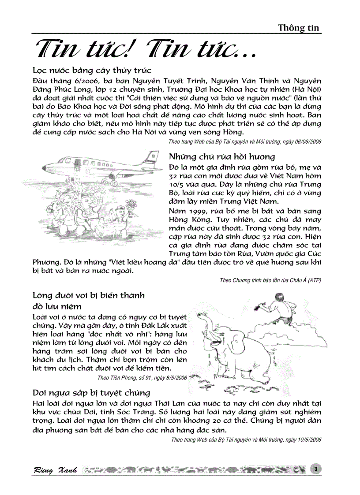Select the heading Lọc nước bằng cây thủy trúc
tap(92, 71)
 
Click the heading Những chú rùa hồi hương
tap(222, 156)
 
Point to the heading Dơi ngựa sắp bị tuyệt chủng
tap(91, 393)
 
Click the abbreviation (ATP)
tap(315, 280)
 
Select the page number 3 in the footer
tap(316, 469)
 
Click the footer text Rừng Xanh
tap(56, 470)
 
